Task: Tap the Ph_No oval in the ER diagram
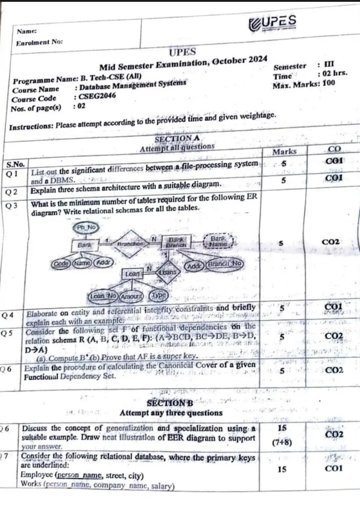tap(84, 227)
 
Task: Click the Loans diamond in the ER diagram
tap(168, 272)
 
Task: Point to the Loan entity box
tap(132, 273)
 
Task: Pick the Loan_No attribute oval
tap(103, 295)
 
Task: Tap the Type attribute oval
tap(158, 295)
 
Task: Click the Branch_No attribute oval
tap(224, 263)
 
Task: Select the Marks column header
tap(284, 152)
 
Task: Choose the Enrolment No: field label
tap(40, 43)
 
